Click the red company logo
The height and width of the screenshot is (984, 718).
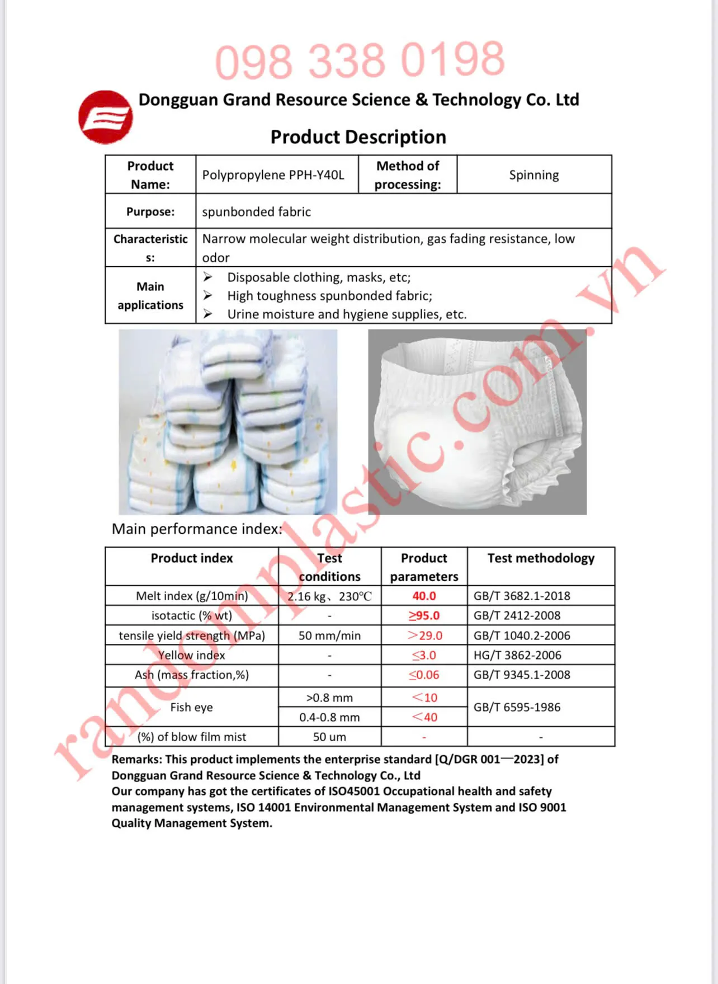[106, 117]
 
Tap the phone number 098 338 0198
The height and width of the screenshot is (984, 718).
[360, 60]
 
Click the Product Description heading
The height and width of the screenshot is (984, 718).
[358, 137]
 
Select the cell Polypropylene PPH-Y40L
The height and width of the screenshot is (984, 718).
[273, 175]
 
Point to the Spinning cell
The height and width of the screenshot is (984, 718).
[533, 175]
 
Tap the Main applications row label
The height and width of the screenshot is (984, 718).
[150, 295]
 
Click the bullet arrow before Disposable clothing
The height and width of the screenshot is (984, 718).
[208, 277]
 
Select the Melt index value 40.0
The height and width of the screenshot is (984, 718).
[424, 596]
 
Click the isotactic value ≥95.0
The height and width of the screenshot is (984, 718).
[424, 615]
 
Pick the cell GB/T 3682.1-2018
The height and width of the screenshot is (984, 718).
[522, 596]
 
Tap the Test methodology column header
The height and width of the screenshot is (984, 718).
[541, 558]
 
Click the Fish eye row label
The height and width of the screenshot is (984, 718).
[191, 707]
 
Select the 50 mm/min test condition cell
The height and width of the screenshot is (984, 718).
[329, 635]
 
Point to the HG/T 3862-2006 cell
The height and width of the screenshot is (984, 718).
[517, 655]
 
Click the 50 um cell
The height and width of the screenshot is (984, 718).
[329, 737]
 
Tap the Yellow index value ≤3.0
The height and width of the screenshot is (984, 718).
[424, 655]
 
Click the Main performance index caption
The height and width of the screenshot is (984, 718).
[197, 529]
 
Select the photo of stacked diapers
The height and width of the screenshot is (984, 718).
[228, 421]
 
